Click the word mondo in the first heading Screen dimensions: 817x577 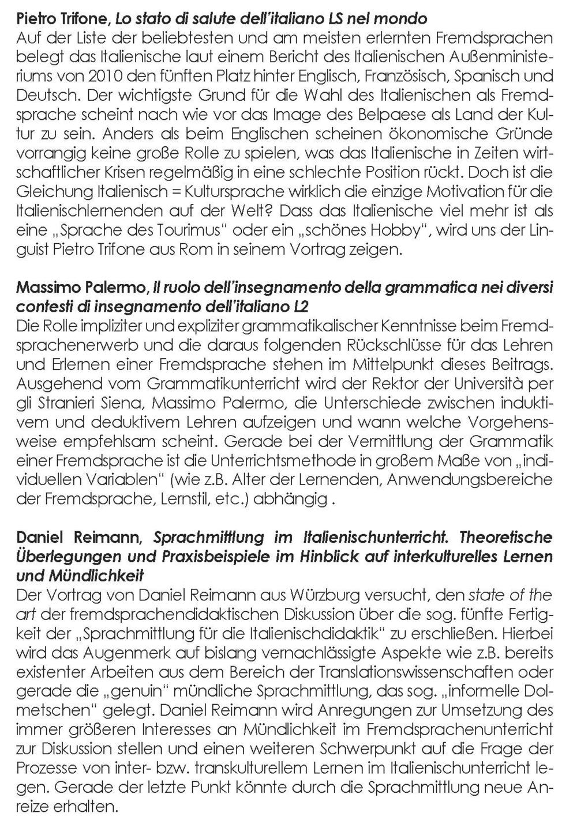(401, 18)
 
